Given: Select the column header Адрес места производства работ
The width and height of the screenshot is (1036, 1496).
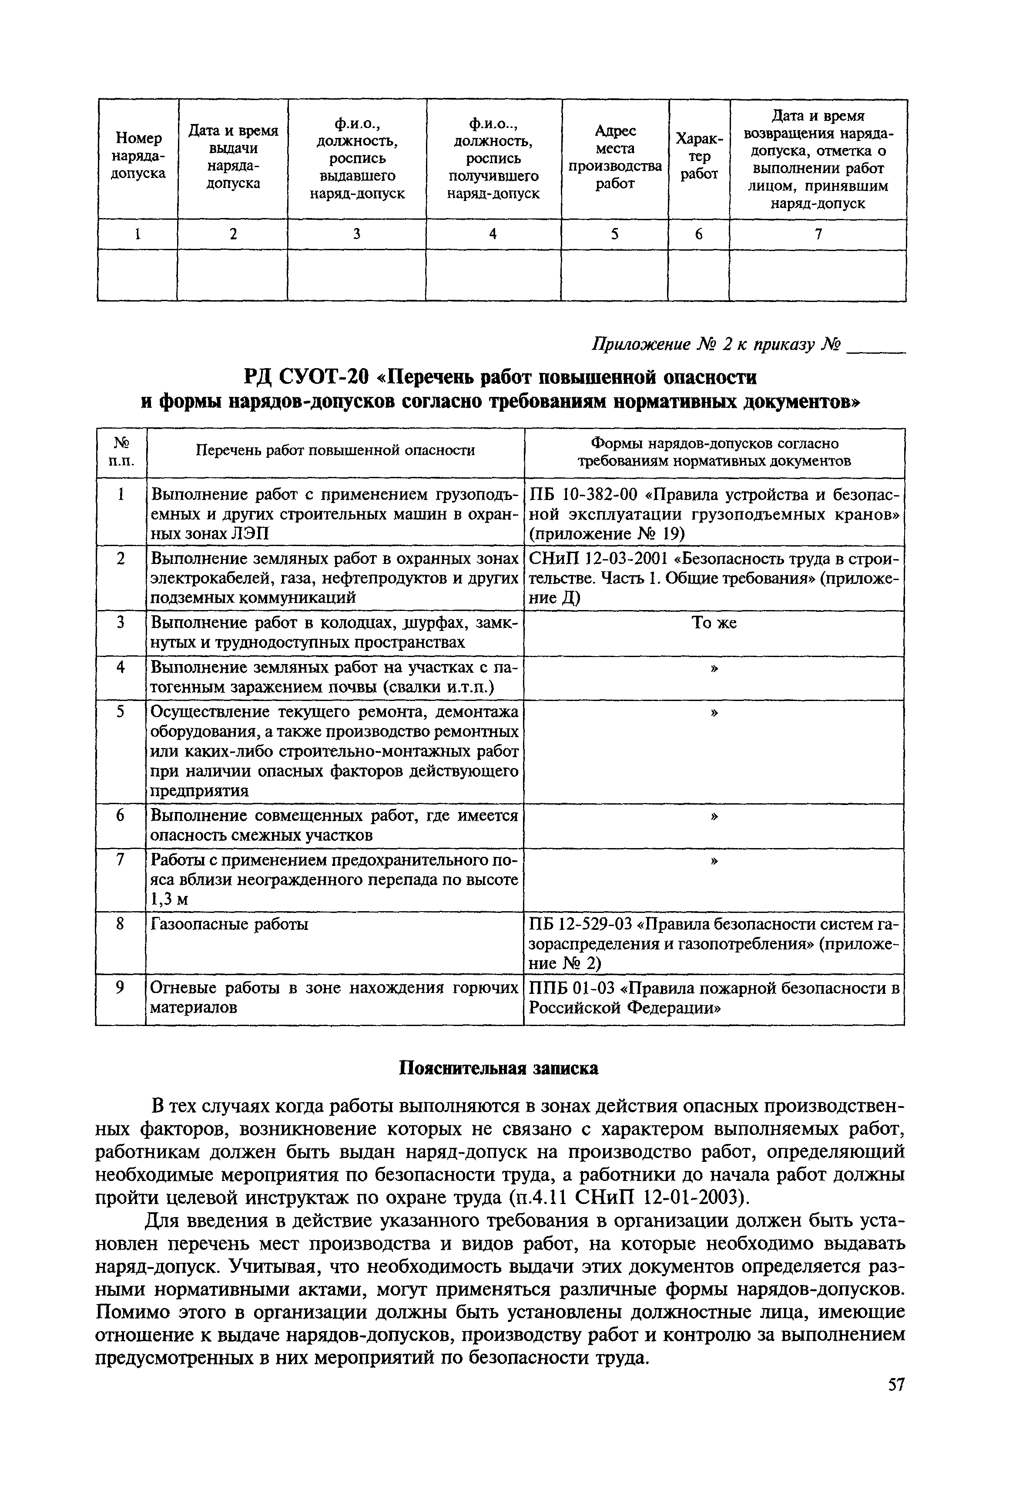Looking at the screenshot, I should [615, 158].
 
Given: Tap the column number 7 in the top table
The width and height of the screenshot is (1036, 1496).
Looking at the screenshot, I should [818, 234].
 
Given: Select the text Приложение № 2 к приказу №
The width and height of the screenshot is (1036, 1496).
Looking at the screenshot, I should [717, 345].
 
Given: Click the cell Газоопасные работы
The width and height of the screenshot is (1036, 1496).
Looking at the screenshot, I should [229, 923].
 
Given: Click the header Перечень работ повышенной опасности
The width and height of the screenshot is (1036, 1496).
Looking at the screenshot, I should [335, 450].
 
